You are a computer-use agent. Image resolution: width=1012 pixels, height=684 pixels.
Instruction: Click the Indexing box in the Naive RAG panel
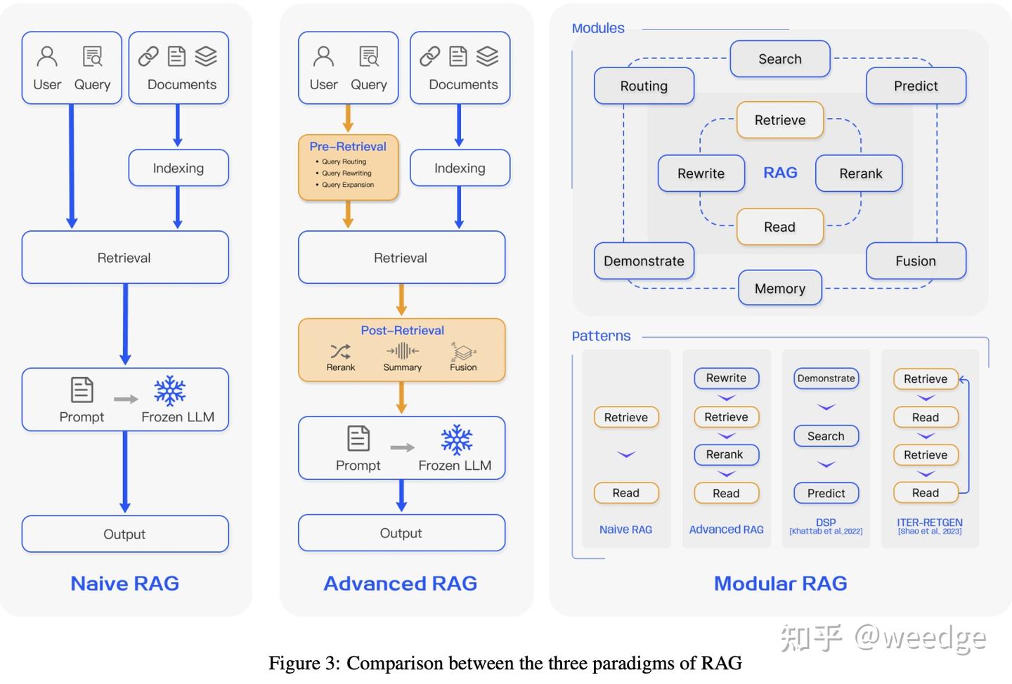click(179, 168)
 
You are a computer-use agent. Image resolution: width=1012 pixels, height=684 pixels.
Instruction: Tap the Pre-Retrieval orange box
click(348, 167)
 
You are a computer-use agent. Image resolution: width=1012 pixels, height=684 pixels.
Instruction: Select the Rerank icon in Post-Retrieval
click(340, 351)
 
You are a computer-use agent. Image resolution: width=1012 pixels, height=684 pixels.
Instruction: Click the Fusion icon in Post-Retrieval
click(463, 351)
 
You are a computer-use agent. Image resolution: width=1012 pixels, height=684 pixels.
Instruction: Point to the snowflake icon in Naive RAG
click(170, 391)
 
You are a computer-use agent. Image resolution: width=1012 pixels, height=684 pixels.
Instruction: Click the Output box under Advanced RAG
click(401, 533)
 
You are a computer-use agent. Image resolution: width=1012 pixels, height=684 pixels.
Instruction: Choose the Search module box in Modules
click(779, 59)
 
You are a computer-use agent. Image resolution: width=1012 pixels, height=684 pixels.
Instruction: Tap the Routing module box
click(644, 86)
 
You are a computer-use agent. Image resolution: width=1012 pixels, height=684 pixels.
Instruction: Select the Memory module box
click(779, 288)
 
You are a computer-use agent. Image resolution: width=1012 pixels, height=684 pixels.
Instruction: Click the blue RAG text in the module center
click(780, 173)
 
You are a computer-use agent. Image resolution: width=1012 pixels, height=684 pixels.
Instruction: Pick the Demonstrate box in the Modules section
click(644, 261)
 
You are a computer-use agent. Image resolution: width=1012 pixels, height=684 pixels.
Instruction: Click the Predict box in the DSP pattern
click(826, 493)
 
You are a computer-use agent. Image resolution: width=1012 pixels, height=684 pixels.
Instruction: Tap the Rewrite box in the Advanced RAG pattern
click(726, 378)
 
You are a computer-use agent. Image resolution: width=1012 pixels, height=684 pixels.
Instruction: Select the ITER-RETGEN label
click(929, 522)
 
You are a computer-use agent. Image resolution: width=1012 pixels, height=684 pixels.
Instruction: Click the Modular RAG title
click(780, 583)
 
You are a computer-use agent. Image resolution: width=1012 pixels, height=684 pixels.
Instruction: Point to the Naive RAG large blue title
click(125, 583)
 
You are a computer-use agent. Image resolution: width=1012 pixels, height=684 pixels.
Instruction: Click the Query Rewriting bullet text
click(346, 173)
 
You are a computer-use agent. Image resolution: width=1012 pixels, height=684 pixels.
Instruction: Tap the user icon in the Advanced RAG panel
click(323, 56)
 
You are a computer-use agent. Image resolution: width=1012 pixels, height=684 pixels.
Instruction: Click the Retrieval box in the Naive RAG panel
click(124, 258)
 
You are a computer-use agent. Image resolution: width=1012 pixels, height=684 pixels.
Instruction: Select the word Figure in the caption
click(294, 663)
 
